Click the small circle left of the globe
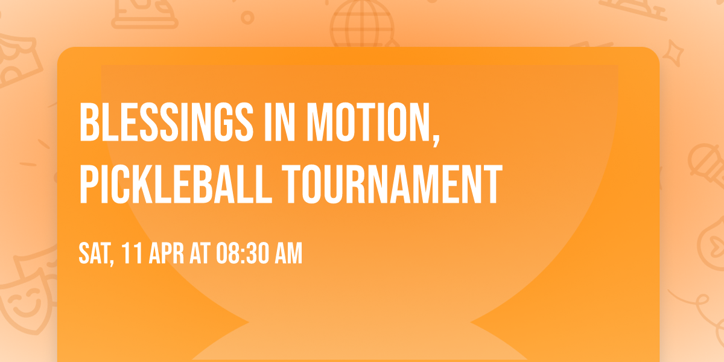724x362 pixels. pyautogui.click(x=247, y=17)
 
